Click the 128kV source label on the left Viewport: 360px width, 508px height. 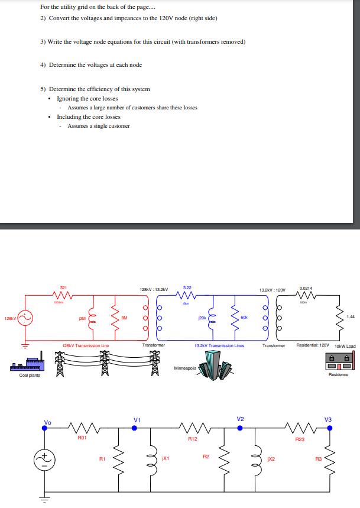pyautogui.click(x=10, y=317)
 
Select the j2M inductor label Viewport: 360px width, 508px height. pyautogui.click(x=82, y=318)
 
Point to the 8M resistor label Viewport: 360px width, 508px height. pyautogui.click(x=124, y=318)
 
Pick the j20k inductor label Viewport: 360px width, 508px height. pyautogui.click(x=202, y=318)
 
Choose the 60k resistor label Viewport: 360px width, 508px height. pyautogui.click(x=244, y=318)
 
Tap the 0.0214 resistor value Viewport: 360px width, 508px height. pyautogui.click(x=306, y=289)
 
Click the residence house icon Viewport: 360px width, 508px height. pyautogui.click(x=338, y=360)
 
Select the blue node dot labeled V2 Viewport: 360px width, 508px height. pyautogui.click(x=241, y=428)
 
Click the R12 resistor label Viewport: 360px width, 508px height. pyautogui.click(x=192, y=439)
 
